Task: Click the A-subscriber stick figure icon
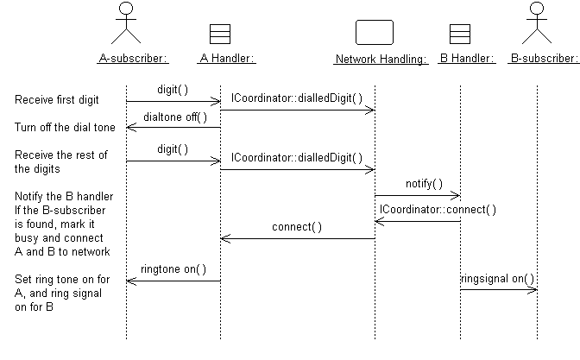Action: [x=127, y=22]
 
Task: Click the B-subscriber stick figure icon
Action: [x=537, y=22]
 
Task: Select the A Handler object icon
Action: [x=220, y=33]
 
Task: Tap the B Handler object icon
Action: [x=460, y=33]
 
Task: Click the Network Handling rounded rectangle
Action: [x=375, y=32]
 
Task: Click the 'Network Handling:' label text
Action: [x=381, y=60]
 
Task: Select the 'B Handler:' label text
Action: [x=466, y=60]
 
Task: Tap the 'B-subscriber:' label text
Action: [x=544, y=60]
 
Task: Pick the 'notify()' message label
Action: [x=424, y=184]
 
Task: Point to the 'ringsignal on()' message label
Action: [x=498, y=278]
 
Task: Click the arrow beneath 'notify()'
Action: [x=418, y=196]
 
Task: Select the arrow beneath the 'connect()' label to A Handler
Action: [x=298, y=239]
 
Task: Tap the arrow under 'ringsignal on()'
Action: [x=499, y=289]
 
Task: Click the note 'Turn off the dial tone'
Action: [x=65, y=128]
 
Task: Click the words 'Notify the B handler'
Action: [x=64, y=196]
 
